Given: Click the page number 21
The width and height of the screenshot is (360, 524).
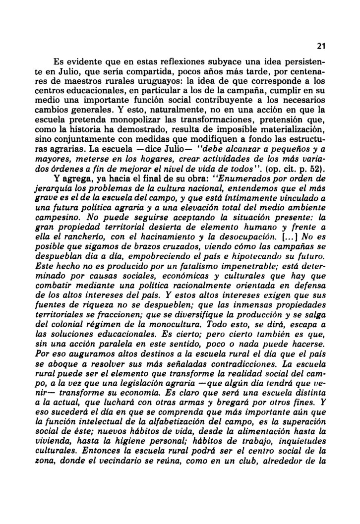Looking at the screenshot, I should click(320, 47).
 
